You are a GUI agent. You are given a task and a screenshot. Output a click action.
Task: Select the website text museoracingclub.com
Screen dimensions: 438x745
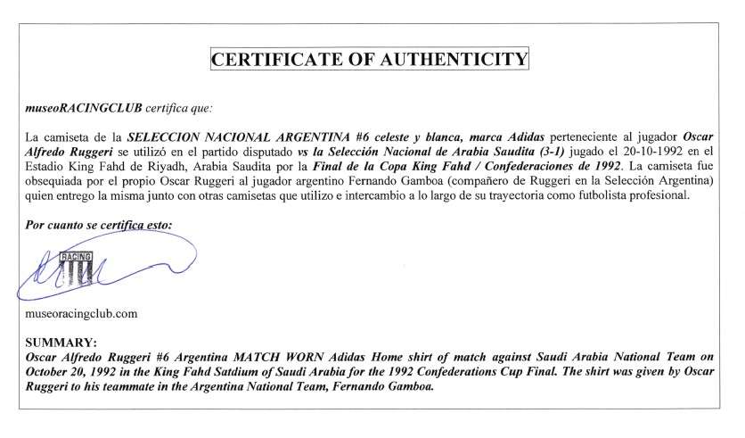(x=82, y=314)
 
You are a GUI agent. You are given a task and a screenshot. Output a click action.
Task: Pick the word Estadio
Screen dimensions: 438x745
(x=46, y=166)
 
